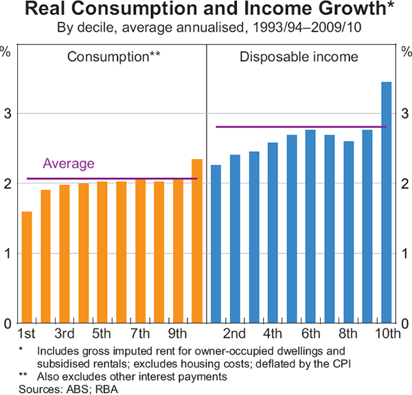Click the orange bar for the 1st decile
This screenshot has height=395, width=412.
27,267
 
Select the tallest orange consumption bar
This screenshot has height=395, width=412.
197,241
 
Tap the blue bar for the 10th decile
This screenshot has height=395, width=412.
386,203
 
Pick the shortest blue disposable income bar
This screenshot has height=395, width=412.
216,244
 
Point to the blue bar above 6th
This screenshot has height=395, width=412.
310,226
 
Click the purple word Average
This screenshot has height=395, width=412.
69,163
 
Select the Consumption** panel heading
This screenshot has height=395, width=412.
113,56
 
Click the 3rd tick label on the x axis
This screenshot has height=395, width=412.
65,335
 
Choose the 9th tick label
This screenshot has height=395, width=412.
178,335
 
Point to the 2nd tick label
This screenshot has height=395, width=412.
235,335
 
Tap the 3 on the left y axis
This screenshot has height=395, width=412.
7,113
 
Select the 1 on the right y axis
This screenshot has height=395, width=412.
404,253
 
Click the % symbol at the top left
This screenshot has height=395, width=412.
5,51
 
